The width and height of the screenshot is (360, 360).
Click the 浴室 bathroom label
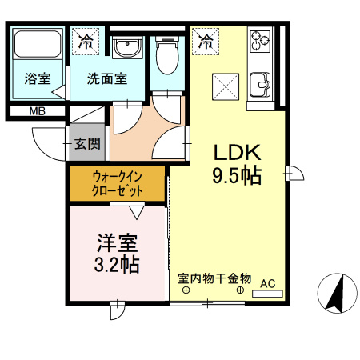(38, 78)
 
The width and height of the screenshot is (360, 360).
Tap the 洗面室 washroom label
(107, 78)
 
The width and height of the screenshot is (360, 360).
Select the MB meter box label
(37, 111)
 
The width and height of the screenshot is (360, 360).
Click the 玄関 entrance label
(88, 144)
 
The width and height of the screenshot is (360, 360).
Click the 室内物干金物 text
(214, 279)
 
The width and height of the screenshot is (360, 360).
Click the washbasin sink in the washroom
(126, 49)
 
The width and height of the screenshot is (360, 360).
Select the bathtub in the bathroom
(38, 46)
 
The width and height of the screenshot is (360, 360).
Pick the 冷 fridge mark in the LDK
(206, 40)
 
